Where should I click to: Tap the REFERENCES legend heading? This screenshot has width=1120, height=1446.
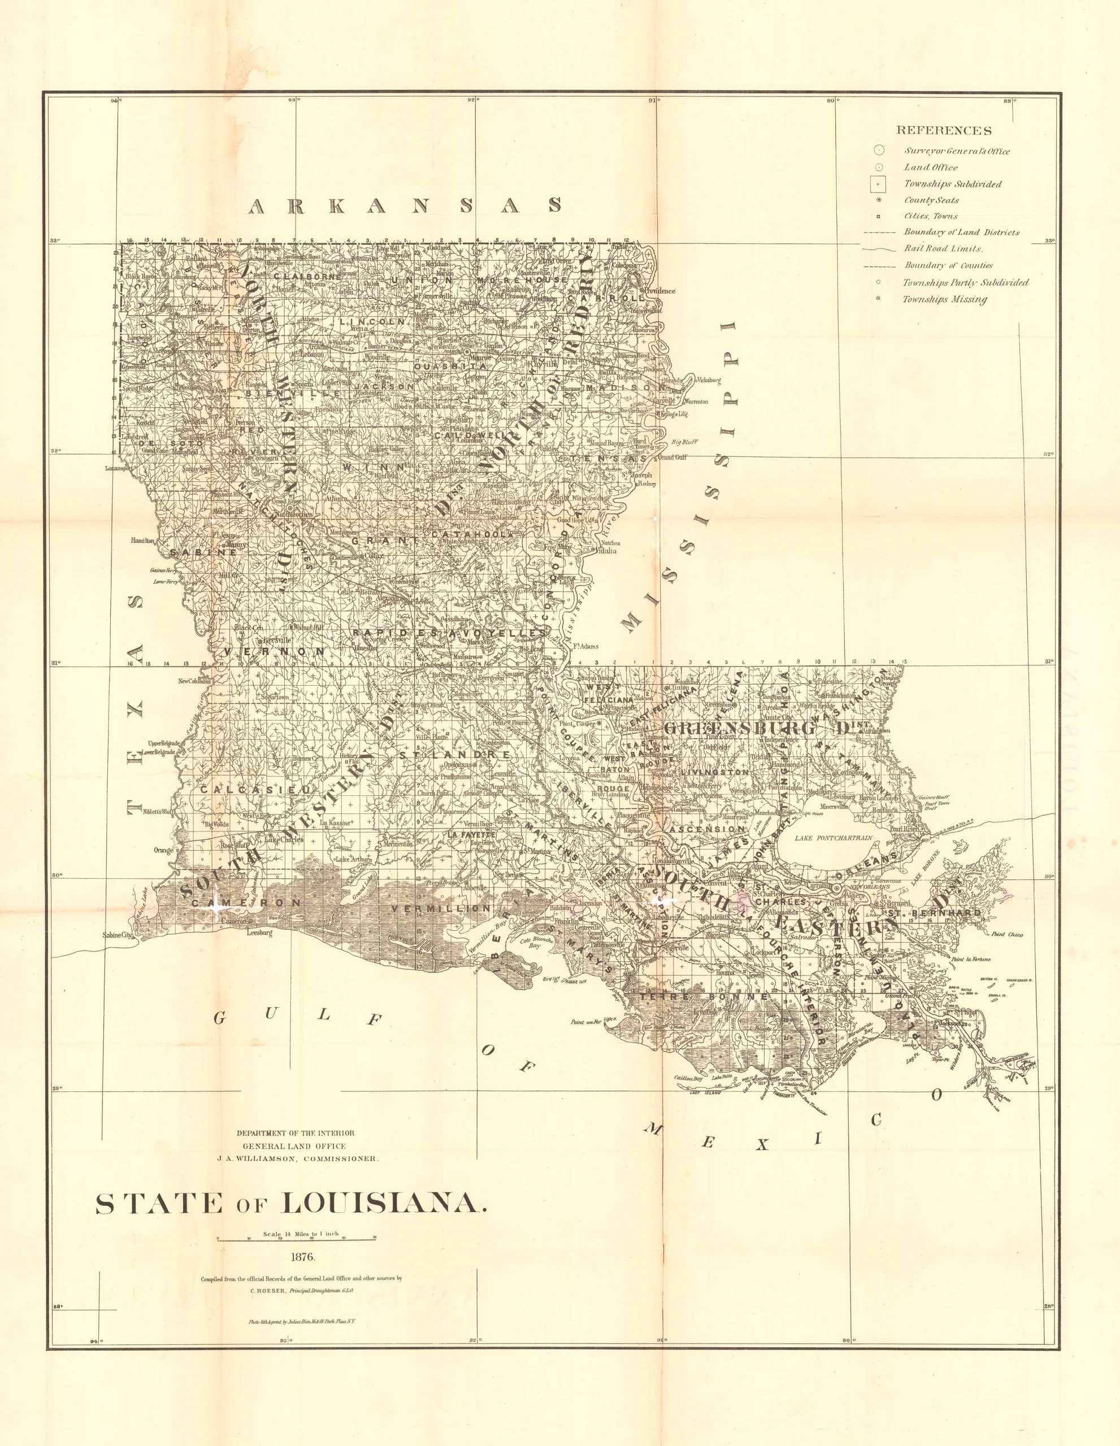tap(943, 130)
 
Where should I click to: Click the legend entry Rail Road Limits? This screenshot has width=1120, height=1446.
tap(944, 249)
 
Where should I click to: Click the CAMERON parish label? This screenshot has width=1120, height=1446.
tap(246, 903)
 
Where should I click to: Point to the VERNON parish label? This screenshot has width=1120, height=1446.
tap(274, 651)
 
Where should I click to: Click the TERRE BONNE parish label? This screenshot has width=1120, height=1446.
tap(702, 995)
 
